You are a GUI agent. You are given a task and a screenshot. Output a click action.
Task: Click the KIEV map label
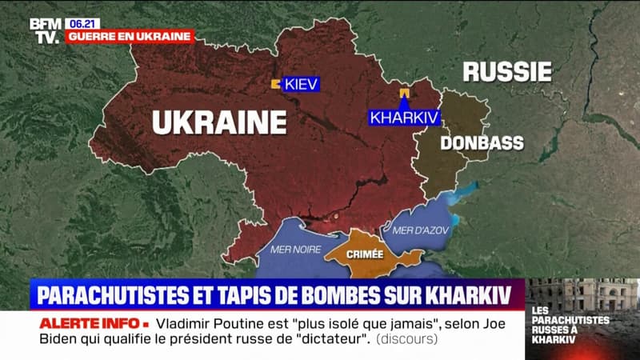[x=301, y=84]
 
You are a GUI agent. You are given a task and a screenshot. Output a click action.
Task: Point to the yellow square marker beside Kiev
[x=274, y=83]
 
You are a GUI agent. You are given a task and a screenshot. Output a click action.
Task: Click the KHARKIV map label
[x=405, y=117]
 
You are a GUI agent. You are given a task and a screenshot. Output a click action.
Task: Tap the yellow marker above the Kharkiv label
[x=404, y=94]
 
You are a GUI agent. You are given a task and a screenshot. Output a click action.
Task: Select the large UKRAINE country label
[x=218, y=122]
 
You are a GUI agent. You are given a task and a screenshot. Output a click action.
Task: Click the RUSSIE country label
[x=507, y=72]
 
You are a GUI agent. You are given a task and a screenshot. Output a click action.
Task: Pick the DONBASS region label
[x=482, y=143]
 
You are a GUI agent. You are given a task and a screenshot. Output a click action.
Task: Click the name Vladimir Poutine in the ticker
[x=212, y=324]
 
